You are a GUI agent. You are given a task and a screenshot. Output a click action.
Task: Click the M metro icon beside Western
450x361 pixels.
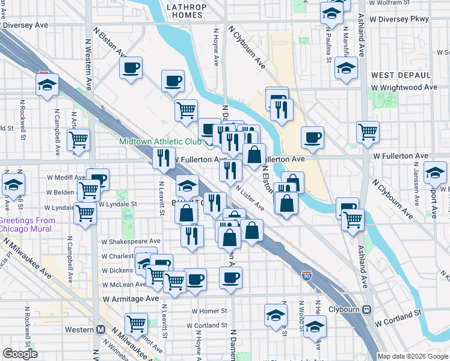pyautogui.click(x=100, y=329)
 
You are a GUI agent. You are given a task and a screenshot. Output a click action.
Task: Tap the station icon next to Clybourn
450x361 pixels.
pyautogui.click(x=366, y=310)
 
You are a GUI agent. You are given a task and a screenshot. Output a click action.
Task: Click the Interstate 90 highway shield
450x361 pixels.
pyautogui.click(x=307, y=276)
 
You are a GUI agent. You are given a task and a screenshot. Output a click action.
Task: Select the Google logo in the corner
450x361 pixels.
pyautogui.click(x=20, y=354)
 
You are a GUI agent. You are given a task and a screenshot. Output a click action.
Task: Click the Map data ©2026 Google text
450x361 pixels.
pyautogui.click(x=413, y=356)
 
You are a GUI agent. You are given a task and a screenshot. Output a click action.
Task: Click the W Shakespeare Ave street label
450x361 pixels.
pyautogui.click(x=131, y=241)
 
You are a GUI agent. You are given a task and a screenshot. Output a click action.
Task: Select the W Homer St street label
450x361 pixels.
pyautogui.click(x=209, y=311)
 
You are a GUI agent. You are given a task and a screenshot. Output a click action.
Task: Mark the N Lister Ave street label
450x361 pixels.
pyautogui.click(x=250, y=197)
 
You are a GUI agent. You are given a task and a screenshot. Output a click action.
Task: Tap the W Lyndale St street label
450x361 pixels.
pyautogui.click(x=118, y=204)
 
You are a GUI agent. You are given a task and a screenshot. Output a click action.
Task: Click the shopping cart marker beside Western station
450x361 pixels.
pyautogui.click(x=136, y=324)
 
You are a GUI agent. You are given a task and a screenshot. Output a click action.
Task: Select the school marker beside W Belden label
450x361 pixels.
pyautogui.click(x=13, y=186)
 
